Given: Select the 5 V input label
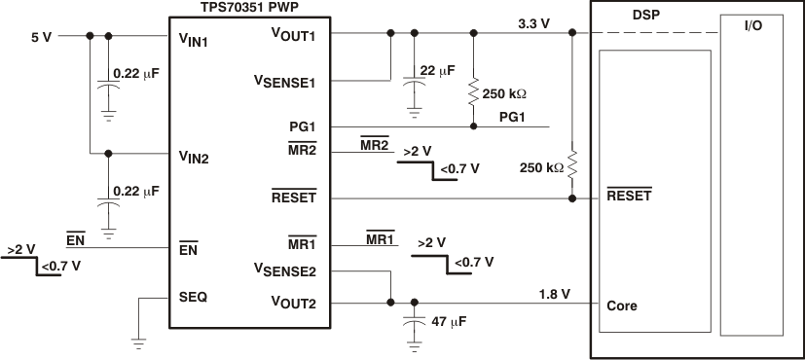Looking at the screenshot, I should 41,37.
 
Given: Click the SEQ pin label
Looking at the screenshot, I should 193,297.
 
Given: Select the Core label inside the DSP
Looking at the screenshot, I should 622,305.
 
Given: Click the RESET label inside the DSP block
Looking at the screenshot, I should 629,195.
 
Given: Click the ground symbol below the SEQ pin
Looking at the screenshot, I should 140,341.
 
